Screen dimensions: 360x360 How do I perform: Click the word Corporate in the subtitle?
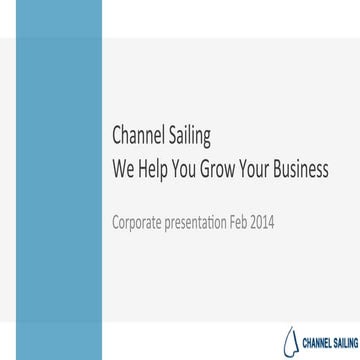click(x=139, y=219)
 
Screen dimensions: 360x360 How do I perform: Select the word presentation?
click(x=205, y=219)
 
